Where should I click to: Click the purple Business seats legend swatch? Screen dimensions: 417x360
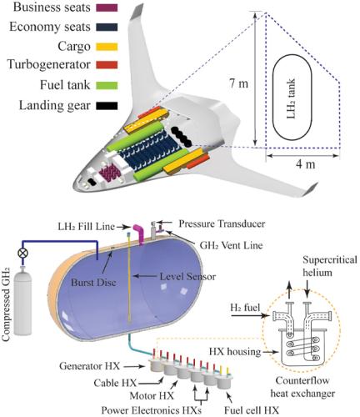[x=108, y=9]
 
